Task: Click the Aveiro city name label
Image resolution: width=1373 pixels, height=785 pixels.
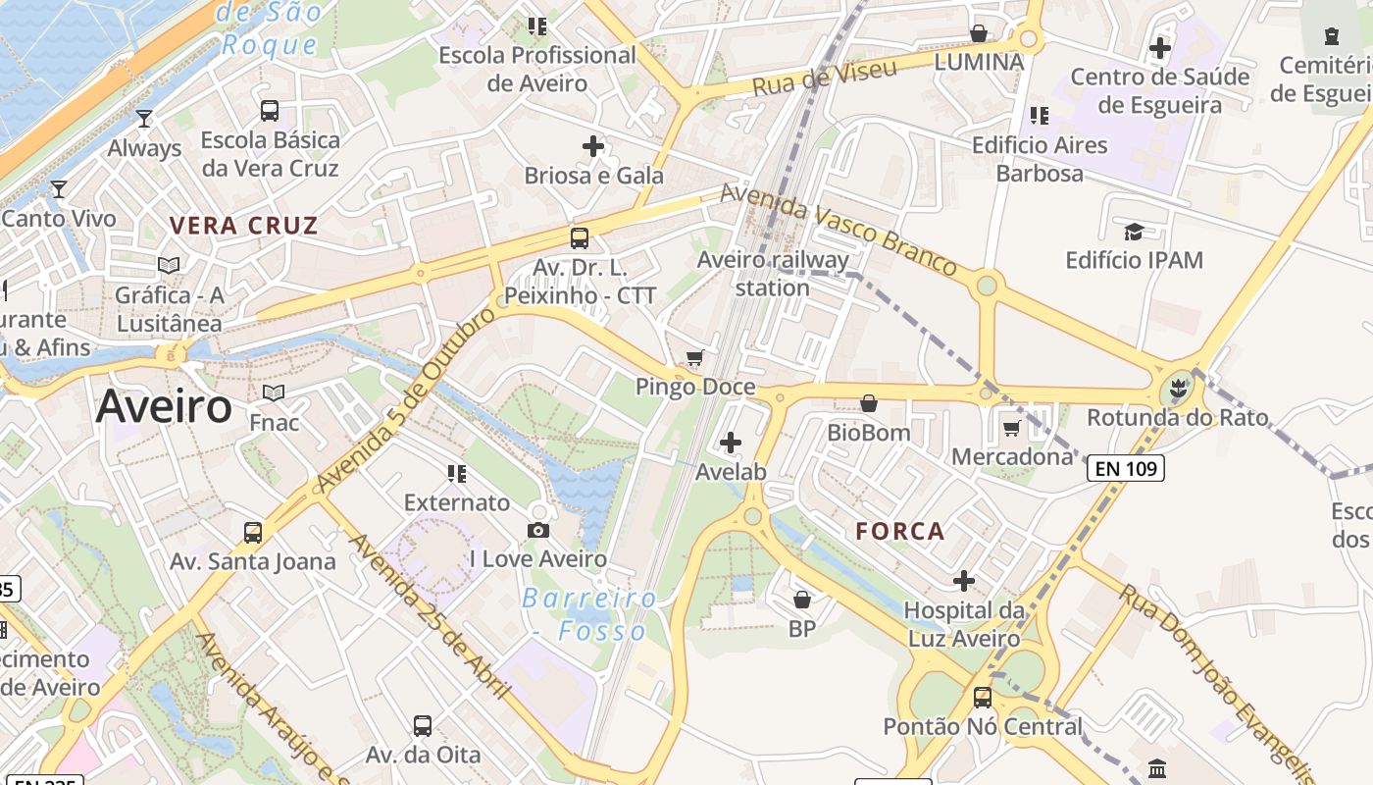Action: click(164, 406)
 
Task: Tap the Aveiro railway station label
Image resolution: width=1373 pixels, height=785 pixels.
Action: click(773, 274)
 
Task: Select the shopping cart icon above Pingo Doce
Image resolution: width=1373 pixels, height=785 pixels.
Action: click(695, 358)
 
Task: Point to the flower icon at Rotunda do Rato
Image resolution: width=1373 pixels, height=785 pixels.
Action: click(1178, 389)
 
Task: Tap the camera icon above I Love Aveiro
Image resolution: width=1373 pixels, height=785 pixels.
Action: click(537, 531)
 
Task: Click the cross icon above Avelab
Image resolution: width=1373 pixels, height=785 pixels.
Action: click(731, 443)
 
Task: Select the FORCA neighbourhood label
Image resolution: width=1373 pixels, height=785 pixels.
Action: click(899, 531)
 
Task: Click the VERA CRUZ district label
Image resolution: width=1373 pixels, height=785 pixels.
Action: click(243, 225)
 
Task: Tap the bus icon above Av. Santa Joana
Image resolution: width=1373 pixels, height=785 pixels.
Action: click(253, 533)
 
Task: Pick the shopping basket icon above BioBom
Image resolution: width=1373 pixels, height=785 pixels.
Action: click(868, 403)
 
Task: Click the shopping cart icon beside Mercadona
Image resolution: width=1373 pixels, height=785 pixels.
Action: click(1011, 428)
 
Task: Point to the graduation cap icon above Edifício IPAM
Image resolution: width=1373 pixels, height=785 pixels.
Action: click(1134, 232)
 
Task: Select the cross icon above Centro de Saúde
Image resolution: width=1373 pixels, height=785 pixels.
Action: click(1160, 47)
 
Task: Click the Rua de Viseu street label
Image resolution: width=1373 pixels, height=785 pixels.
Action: click(825, 78)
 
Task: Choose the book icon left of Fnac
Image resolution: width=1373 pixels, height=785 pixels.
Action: click(274, 393)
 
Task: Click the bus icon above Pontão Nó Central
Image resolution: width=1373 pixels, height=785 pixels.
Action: click(983, 698)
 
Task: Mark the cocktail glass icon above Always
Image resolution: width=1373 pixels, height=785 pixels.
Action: click(144, 119)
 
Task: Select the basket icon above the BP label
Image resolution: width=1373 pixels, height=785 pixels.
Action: click(802, 600)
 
